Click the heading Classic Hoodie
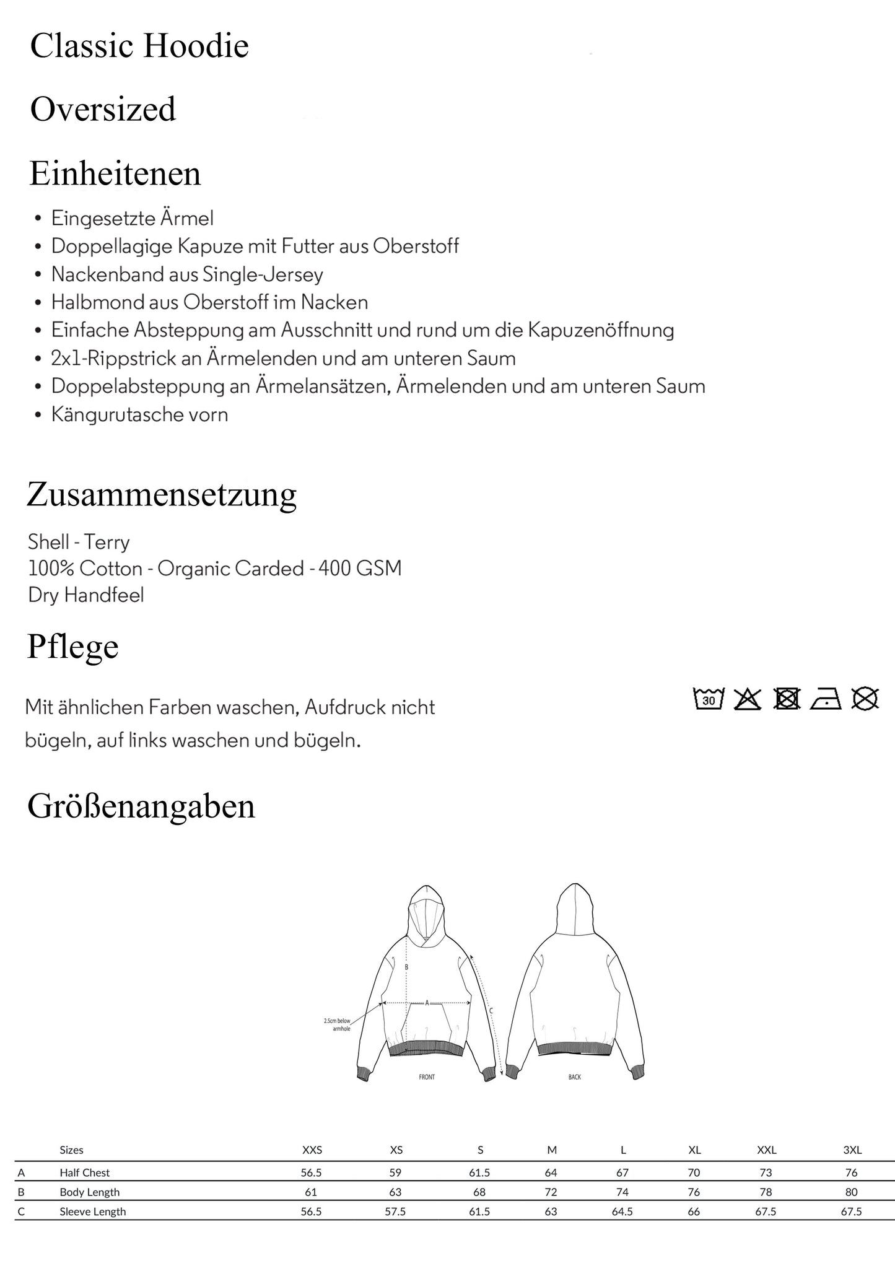point(139,46)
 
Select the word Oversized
point(103,110)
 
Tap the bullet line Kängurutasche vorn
point(139,414)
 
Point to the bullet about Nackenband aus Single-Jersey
point(187,274)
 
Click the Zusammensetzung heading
point(162,495)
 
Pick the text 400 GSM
point(360,568)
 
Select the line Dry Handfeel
point(86,595)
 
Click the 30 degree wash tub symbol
point(709,699)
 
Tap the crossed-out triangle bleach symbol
point(748,699)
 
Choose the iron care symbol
point(826,699)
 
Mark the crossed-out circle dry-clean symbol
point(865,699)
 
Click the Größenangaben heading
point(141,806)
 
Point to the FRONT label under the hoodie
point(427,1077)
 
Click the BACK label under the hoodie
point(575,1077)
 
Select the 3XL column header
point(852,1150)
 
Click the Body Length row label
point(90,1192)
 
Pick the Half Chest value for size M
point(551,1172)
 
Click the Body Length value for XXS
point(311,1192)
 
